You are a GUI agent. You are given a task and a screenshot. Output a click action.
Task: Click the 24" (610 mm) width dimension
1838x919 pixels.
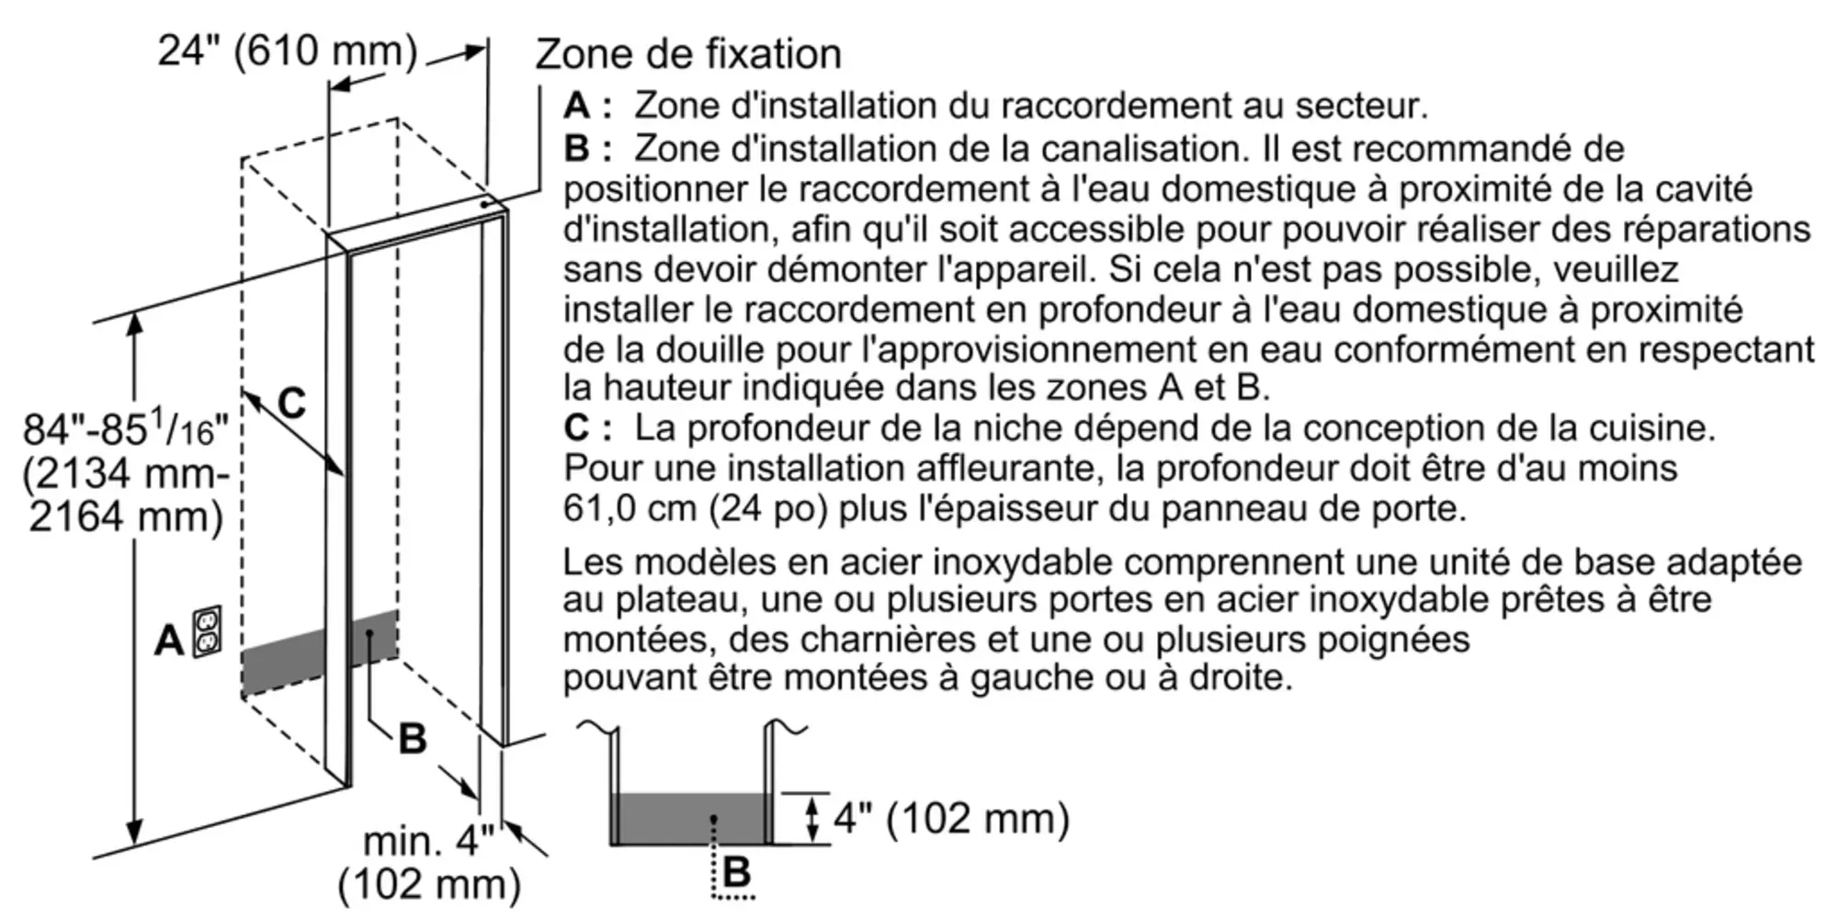click(287, 51)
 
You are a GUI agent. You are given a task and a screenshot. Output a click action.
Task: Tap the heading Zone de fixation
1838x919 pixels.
click(687, 54)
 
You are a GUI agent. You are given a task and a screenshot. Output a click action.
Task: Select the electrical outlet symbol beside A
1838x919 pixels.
click(207, 630)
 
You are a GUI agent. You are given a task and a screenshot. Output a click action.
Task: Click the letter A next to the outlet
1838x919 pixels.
click(168, 641)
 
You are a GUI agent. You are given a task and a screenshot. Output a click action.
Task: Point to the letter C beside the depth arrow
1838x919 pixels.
click(291, 403)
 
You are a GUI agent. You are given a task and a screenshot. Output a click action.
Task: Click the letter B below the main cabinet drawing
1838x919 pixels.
click(413, 739)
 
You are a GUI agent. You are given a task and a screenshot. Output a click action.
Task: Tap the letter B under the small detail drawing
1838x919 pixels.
click(737, 871)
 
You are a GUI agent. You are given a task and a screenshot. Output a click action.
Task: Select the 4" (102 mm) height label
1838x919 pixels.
click(951, 818)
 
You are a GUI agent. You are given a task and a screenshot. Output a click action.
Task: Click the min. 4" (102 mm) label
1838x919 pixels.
click(429, 863)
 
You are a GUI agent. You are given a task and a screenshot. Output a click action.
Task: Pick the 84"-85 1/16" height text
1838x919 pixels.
click(125, 428)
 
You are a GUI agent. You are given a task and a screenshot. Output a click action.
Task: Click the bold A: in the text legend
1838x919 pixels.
click(587, 107)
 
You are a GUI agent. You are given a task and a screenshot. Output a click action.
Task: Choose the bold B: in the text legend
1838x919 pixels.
click(587, 148)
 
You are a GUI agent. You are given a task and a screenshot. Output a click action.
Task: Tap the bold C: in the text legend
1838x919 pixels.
click(587, 428)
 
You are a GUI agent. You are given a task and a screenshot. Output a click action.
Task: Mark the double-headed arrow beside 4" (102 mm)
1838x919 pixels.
click(811, 819)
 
